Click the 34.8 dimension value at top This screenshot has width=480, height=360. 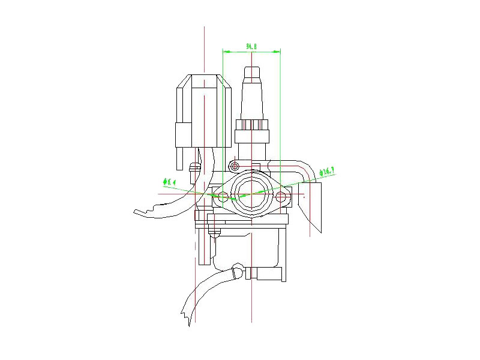pyautogui.click(x=251, y=46)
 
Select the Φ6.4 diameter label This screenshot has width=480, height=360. pyautogui.click(x=169, y=181)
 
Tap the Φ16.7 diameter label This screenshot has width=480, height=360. pyautogui.click(x=326, y=172)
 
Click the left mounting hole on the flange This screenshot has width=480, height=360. pyautogui.click(x=223, y=196)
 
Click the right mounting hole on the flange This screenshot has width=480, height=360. pyautogui.click(x=283, y=196)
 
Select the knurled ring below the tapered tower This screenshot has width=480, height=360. pyautogui.click(x=252, y=126)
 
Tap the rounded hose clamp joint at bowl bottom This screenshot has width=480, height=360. pyautogui.click(x=239, y=272)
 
